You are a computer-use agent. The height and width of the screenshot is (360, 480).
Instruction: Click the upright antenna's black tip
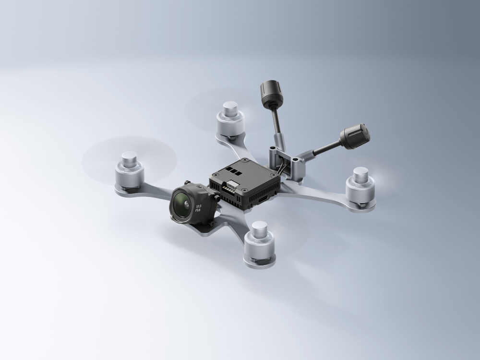click(x=271, y=92)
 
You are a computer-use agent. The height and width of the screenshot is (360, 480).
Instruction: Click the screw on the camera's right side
click(x=217, y=197)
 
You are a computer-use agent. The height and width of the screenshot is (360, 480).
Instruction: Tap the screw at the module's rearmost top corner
click(x=246, y=160)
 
